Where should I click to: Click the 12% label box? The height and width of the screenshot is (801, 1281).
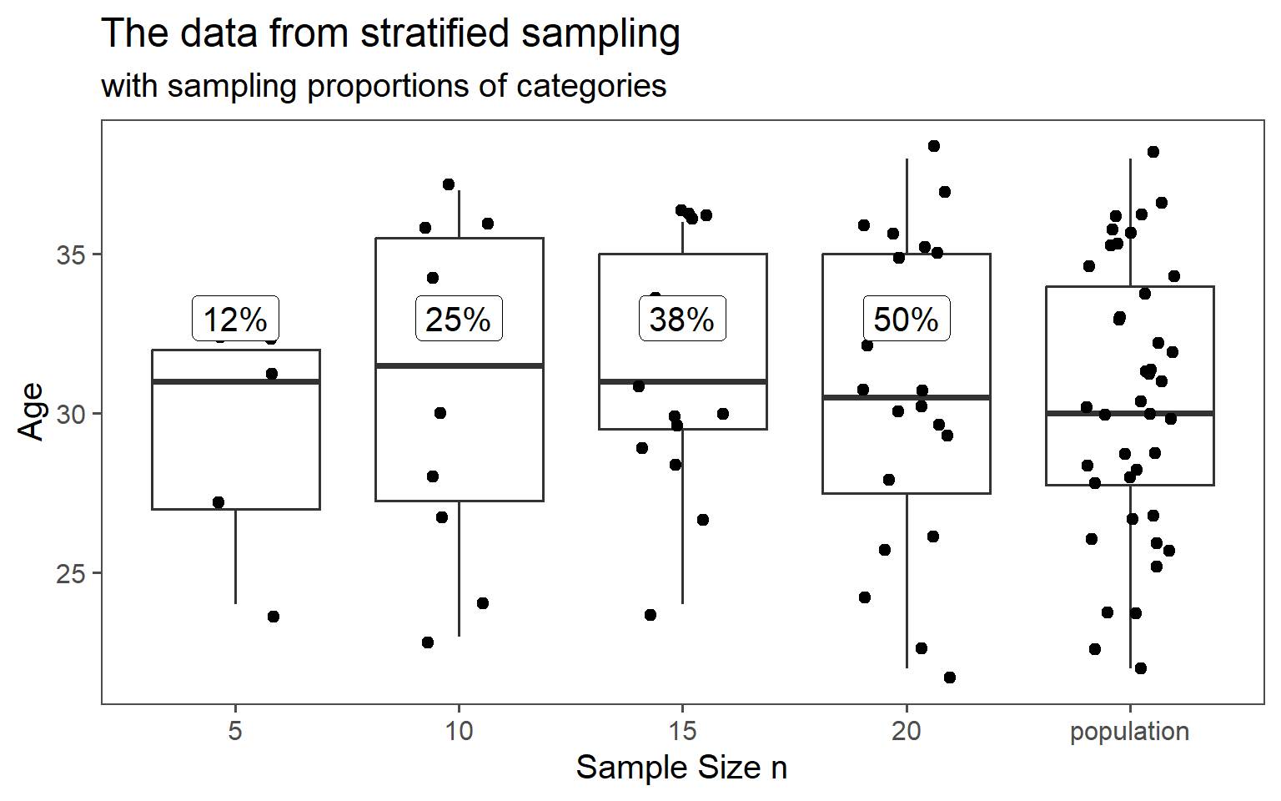pos(235,319)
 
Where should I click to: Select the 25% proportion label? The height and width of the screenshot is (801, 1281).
pos(459,319)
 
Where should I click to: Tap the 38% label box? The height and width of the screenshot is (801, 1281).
pos(682,319)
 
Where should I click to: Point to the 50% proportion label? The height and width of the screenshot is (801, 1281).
pos(906,319)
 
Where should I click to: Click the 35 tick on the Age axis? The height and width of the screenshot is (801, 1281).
pos(71,255)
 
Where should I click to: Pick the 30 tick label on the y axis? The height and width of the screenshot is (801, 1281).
pos(71,415)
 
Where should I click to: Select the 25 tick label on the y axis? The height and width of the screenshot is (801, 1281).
pos(71,574)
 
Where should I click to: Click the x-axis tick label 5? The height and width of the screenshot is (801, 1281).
pos(235,732)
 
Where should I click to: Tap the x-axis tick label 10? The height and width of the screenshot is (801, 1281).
pos(459,732)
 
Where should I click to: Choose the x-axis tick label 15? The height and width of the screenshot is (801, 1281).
pos(682,732)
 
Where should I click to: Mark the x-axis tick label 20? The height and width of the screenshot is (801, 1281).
pos(906,732)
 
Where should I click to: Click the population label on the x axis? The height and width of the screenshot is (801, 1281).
pos(1129,732)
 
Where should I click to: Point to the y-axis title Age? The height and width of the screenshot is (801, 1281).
pos(32,411)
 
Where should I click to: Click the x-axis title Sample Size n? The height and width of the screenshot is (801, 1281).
pos(681,768)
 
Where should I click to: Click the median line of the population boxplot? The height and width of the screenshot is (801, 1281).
pos(1129,413)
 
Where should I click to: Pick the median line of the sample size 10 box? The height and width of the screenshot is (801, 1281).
pos(459,365)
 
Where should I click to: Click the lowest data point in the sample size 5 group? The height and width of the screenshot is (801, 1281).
pos(273,617)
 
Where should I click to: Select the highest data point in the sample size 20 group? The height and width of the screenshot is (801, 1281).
pos(934,146)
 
